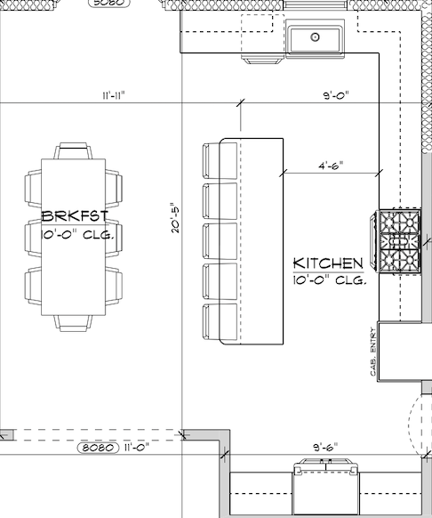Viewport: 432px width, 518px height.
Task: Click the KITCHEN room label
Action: click(x=328, y=263)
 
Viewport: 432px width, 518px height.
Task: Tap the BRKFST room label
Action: click(x=75, y=216)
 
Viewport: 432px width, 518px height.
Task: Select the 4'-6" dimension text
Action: click(x=331, y=166)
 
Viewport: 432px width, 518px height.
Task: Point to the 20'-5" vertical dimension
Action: click(x=175, y=218)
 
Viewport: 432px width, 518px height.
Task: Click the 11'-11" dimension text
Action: click(x=114, y=96)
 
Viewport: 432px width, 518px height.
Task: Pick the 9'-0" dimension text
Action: click(x=336, y=96)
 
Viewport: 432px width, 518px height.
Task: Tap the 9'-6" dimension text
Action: click(x=325, y=448)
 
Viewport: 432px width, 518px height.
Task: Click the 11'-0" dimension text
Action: click(x=137, y=448)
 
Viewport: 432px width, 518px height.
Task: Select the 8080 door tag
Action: click(x=98, y=448)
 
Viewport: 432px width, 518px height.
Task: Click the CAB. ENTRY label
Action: click(x=373, y=352)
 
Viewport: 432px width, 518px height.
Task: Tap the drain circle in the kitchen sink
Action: click(x=316, y=36)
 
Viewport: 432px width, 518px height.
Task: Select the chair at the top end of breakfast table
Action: click(x=73, y=151)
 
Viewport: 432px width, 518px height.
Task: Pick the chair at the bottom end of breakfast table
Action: click(x=73, y=323)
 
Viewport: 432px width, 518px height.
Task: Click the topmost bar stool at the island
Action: click(x=220, y=161)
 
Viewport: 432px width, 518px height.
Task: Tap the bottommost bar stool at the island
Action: click(x=220, y=322)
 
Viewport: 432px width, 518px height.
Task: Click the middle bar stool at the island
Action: click(x=220, y=241)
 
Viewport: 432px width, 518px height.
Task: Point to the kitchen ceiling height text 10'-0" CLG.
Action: click(x=330, y=280)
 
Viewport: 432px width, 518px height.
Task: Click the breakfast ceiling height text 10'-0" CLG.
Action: click(x=77, y=235)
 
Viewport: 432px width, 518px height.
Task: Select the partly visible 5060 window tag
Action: click(x=109, y=3)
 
